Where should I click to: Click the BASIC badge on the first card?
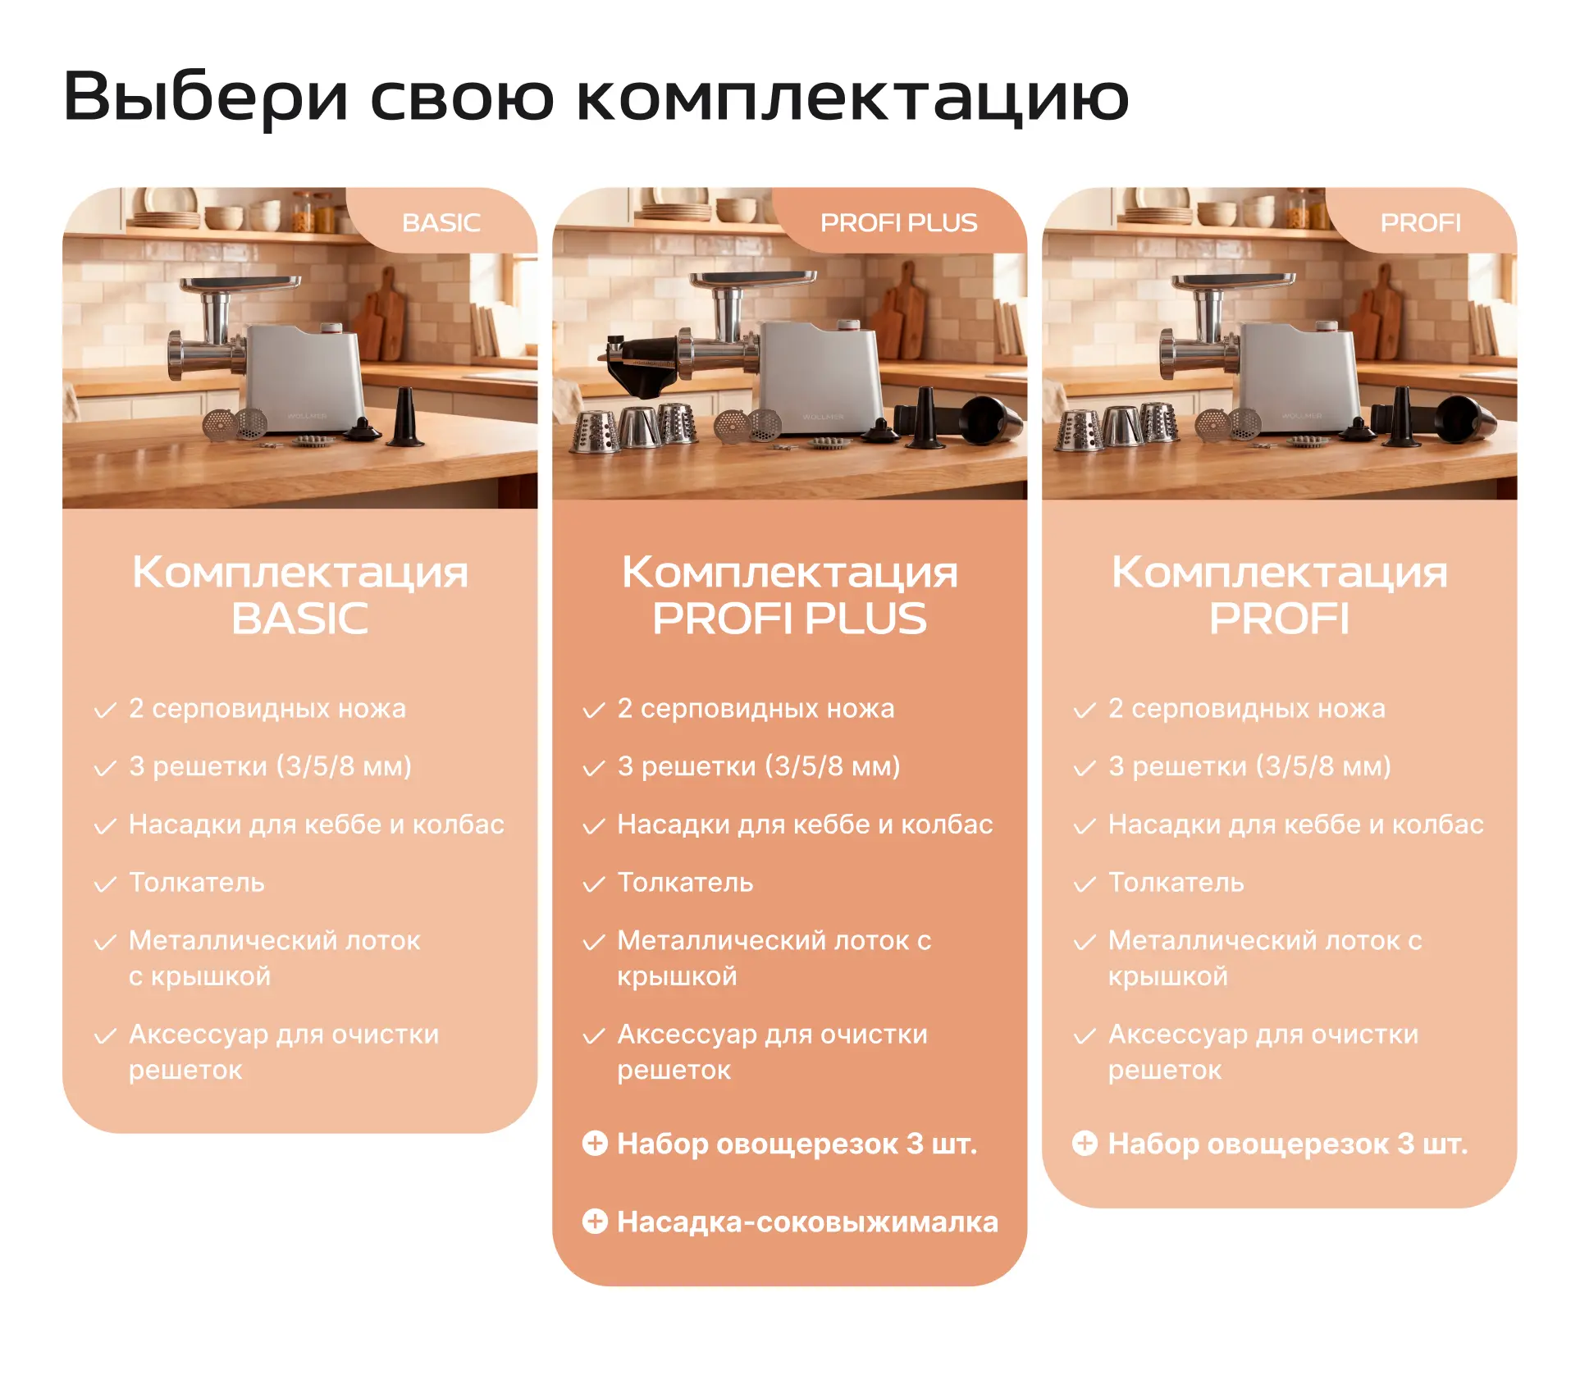coord(441,222)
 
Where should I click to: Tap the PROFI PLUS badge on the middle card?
coord(899,222)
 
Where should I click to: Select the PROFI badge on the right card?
coord(1421,222)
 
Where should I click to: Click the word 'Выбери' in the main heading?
coord(205,98)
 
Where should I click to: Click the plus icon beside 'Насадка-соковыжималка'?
coord(595,1222)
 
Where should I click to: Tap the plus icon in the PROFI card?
coord(1085,1143)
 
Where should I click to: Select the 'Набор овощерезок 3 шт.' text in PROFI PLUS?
coord(797,1144)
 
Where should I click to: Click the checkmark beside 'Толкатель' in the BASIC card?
coord(105,884)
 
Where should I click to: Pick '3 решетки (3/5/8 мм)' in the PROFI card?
coord(1249,766)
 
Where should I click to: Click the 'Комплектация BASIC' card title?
coord(300,595)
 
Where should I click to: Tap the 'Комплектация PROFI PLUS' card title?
coord(789,595)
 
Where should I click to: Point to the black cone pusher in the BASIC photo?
coord(405,418)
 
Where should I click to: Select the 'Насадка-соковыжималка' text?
coord(808,1222)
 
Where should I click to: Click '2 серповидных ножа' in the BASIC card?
coord(267,708)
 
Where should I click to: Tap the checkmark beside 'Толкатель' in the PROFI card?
coord(1085,884)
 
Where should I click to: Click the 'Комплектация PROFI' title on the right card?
coord(1279,595)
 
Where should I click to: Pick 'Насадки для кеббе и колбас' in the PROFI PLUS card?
coord(805,824)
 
